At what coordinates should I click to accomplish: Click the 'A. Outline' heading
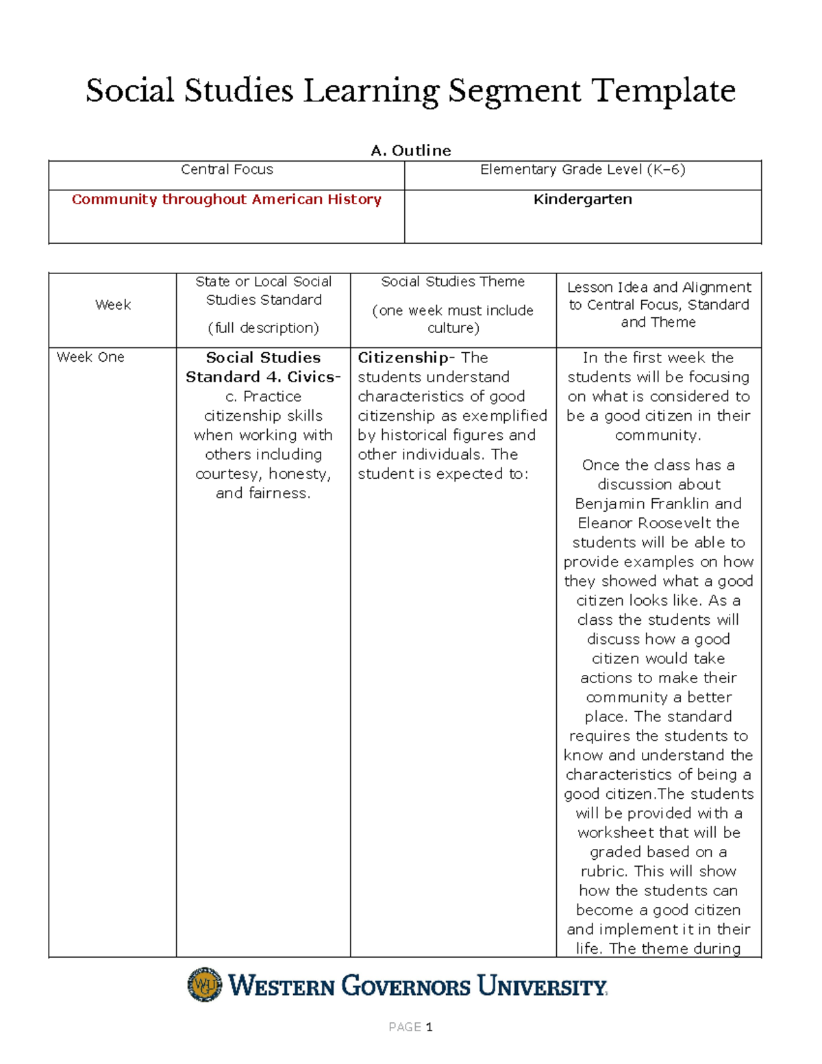coord(410,151)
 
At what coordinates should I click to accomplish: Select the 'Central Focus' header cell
coord(227,169)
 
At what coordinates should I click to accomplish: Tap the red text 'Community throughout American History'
coord(226,199)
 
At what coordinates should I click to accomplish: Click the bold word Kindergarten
coord(582,199)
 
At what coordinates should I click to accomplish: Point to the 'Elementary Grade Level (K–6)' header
coord(582,169)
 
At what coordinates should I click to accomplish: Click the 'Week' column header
coord(113,305)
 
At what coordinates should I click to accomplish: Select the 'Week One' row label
coord(90,357)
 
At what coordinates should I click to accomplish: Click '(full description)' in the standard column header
coord(263,328)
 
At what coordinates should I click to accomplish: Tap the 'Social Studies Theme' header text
coord(453,282)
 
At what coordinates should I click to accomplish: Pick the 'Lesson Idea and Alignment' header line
coord(658,287)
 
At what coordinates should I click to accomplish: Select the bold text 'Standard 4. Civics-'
coord(263,377)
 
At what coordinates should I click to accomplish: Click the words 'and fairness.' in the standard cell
coord(263,493)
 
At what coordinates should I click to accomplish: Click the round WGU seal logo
coord(205,985)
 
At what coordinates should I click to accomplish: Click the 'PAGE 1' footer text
coord(410,1027)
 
